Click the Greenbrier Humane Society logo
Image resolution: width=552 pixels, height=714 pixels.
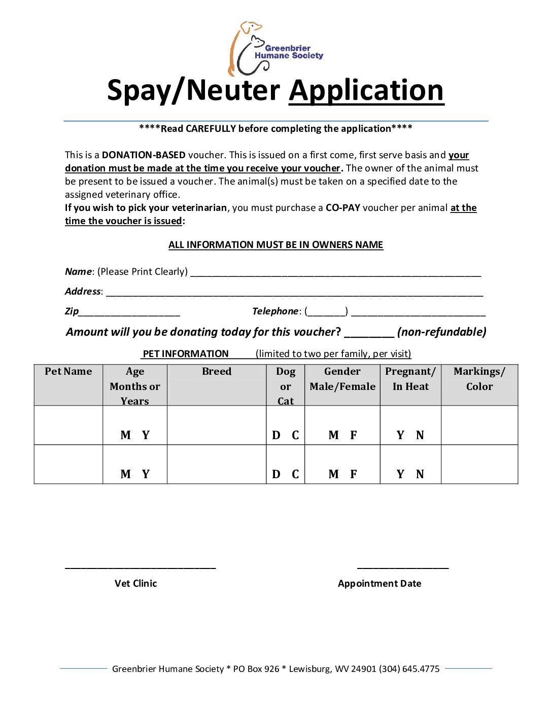click(275, 49)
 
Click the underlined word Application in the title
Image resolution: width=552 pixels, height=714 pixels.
click(366, 91)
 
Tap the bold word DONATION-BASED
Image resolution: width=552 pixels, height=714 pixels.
click(144, 155)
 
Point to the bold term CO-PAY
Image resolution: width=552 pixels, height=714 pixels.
click(342, 208)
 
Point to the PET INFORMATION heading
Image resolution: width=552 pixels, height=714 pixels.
click(186, 354)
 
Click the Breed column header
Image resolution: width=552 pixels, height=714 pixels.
click(217, 372)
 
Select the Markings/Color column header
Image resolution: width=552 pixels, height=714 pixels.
click(479, 379)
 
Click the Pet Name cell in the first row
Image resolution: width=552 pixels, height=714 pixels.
click(68, 425)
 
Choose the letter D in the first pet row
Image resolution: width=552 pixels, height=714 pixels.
click(276, 435)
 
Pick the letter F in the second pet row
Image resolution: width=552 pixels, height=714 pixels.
click(354, 474)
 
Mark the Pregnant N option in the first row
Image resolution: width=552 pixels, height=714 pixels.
click(420, 435)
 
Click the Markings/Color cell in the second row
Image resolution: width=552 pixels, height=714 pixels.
click(479, 465)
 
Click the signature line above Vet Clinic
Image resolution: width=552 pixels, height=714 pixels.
click(141, 567)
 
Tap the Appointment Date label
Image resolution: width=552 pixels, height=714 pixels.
click(379, 584)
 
